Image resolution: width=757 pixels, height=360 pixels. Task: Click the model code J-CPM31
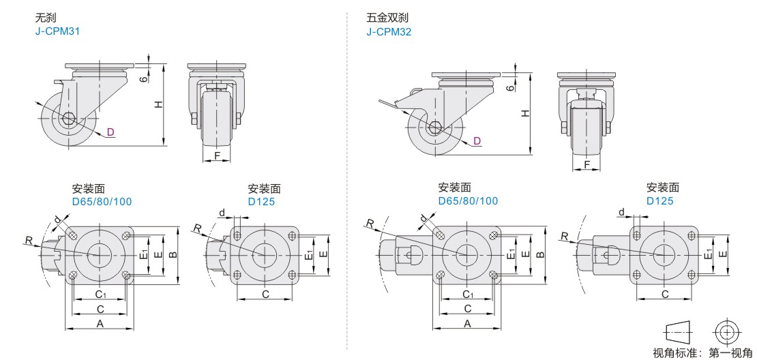tap(58, 31)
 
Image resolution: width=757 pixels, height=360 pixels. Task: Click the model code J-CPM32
tap(389, 31)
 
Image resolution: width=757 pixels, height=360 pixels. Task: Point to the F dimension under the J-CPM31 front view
tap(217, 155)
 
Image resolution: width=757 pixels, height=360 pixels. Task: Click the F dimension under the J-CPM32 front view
tap(587, 165)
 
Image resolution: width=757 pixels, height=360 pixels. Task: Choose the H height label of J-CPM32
tap(525, 113)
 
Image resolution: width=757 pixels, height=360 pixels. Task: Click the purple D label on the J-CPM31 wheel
tap(110, 132)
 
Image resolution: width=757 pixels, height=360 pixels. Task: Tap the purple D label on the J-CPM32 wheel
tap(477, 140)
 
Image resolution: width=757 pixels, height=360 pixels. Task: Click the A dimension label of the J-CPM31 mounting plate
tap(100, 324)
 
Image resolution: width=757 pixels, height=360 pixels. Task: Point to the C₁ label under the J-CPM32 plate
tap(468, 295)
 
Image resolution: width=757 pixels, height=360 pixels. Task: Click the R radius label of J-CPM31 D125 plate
tap(196, 228)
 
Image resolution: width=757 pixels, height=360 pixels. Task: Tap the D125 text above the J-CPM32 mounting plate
tap(660, 201)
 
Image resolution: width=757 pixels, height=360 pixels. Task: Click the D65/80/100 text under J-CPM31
tap(102, 201)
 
